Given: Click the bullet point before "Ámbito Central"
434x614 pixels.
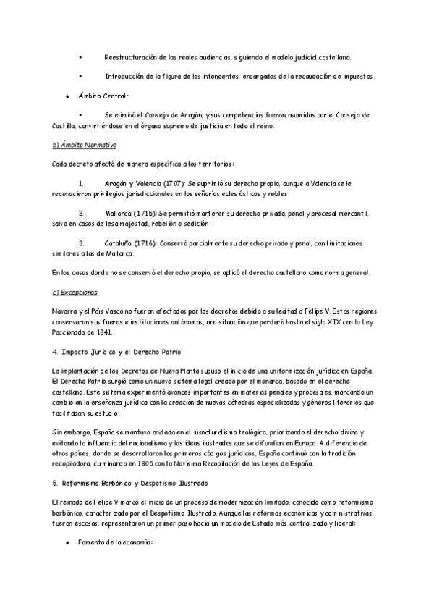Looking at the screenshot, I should [x=66, y=96].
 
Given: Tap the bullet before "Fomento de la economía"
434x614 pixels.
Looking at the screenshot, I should [x=66, y=542].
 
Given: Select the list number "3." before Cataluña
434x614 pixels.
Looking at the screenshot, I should [x=82, y=243].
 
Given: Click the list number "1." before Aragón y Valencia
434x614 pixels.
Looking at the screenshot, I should [x=82, y=185].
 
